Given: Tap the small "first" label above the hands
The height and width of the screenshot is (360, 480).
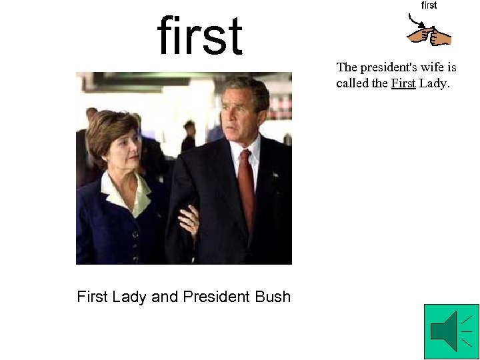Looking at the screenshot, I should pyautogui.click(x=429, y=5).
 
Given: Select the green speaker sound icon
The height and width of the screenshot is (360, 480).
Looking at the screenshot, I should pyautogui.click(x=451, y=331).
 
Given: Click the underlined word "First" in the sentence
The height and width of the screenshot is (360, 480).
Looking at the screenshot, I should pyautogui.click(x=403, y=83).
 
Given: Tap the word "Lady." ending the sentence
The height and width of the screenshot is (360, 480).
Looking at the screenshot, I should pyautogui.click(x=435, y=83).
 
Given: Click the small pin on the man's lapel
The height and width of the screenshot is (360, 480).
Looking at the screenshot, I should pyautogui.click(x=273, y=175).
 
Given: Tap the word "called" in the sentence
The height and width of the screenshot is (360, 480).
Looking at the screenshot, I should pyautogui.click(x=351, y=83).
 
